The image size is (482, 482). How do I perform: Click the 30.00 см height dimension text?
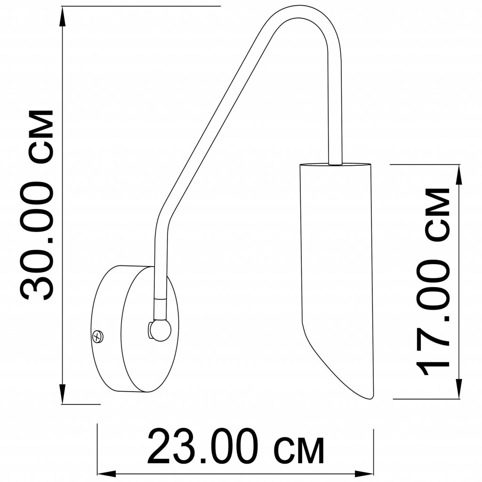[37, 205]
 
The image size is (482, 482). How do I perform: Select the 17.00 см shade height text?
[433, 281]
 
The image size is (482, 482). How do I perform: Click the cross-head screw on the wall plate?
[98, 336]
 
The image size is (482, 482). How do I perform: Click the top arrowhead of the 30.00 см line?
[63, 16]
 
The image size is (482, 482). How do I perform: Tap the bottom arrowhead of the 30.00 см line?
[63, 394]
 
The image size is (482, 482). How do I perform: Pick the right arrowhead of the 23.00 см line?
[364, 474]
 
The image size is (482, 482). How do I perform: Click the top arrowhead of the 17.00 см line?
[459, 175]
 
